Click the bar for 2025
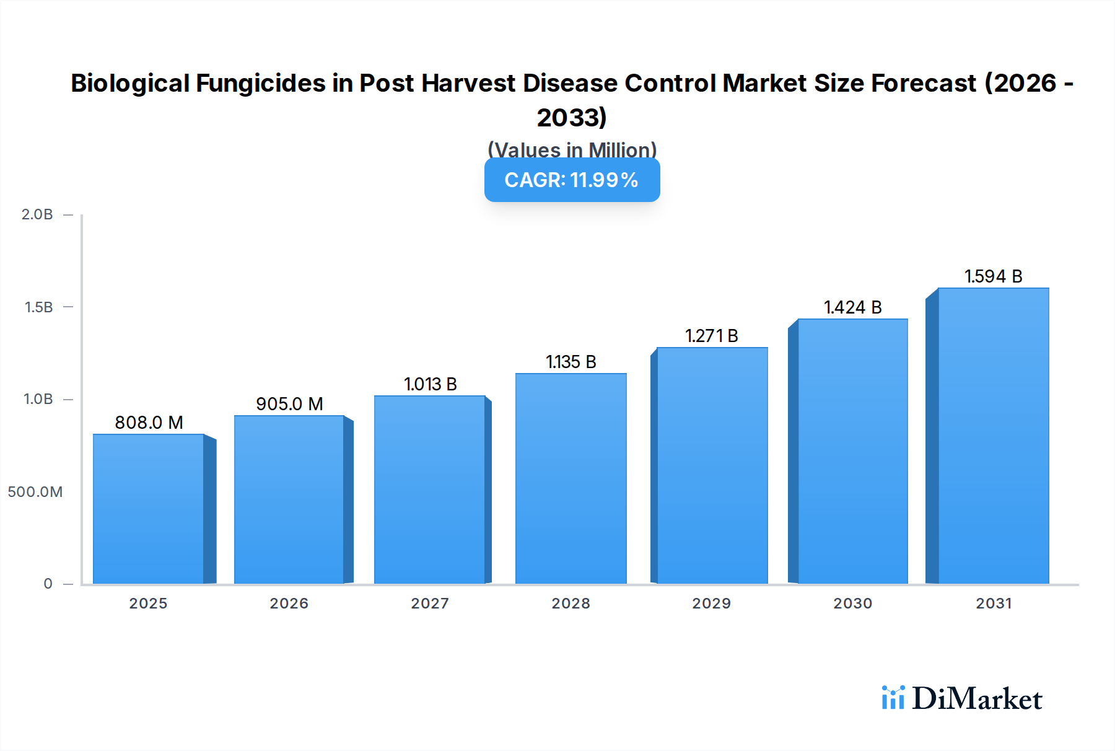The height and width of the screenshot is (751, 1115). click(x=149, y=509)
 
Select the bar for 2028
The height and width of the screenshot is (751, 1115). click(x=571, y=478)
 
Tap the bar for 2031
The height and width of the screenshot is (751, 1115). click(x=994, y=436)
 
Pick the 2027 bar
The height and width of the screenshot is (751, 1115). click(x=429, y=490)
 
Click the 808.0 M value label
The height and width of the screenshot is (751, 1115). click(x=149, y=423)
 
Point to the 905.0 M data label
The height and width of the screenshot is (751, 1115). click(x=289, y=404)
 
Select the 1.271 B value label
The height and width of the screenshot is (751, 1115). click(x=712, y=336)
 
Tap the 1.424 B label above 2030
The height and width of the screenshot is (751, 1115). click(x=852, y=307)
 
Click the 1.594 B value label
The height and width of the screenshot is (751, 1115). click(x=993, y=276)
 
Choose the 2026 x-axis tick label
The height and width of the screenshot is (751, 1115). click(x=289, y=604)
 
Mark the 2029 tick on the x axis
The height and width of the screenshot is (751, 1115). click(x=712, y=604)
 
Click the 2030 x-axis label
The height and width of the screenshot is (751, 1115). click(x=852, y=604)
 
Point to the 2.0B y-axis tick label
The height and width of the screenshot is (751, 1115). click(x=37, y=214)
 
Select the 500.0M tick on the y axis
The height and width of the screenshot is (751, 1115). click(x=35, y=492)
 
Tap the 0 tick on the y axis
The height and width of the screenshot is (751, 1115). click(x=48, y=584)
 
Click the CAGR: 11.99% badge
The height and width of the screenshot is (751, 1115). click(x=572, y=180)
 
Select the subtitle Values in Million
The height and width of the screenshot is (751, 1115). click(x=572, y=149)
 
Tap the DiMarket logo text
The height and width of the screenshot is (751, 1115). click(x=977, y=699)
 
